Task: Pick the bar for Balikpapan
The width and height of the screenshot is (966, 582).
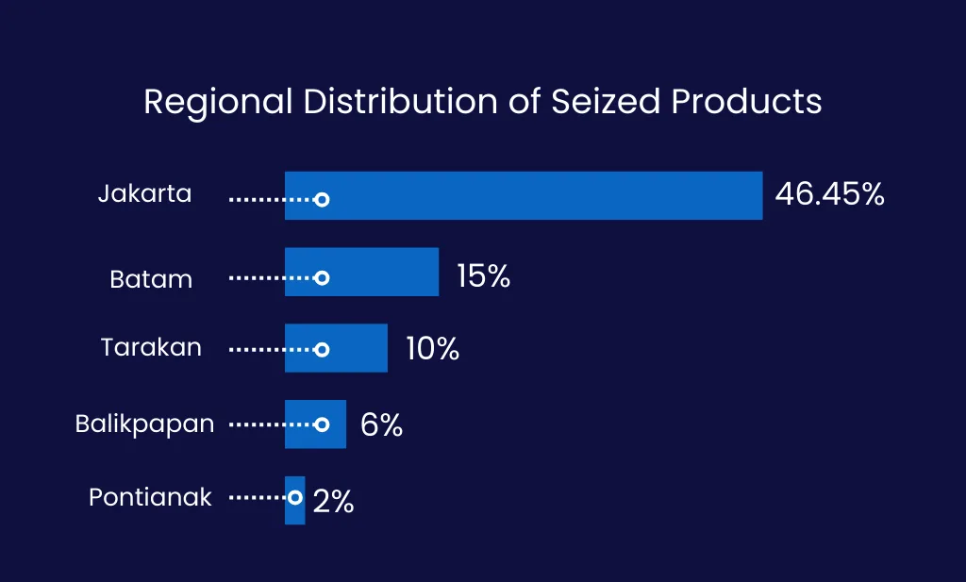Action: pyautogui.click(x=335, y=424)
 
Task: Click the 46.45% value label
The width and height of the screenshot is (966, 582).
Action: pyautogui.click(x=829, y=194)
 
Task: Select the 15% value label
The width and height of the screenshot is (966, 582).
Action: pyautogui.click(x=483, y=275)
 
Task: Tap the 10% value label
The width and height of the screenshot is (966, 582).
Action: pyautogui.click(x=432, y=349)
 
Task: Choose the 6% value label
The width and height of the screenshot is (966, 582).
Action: pyautogui.click(x=381, y=425)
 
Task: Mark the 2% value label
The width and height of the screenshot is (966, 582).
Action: pyautogui.click(x=333, y=502)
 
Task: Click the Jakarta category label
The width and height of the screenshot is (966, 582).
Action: pyautogui.click(x=144, y=194)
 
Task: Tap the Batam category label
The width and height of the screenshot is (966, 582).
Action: pyautogui.click(x=151, y=279)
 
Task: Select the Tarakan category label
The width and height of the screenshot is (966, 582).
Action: pyautogui.click(x=151, y=347)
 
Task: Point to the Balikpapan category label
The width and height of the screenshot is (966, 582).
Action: pyautogui.click(x=144, y=424)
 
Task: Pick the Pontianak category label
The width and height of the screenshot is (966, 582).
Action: pyautogui.click(x=150, y=497)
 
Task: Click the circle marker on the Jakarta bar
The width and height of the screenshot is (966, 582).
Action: pyautogui.click(x=322, y=200)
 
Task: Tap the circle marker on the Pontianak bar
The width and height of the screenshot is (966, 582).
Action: pyautogui.click(x=295, y=497)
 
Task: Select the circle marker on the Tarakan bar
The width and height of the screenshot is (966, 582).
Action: pyautogui.click(x=322, y=349)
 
